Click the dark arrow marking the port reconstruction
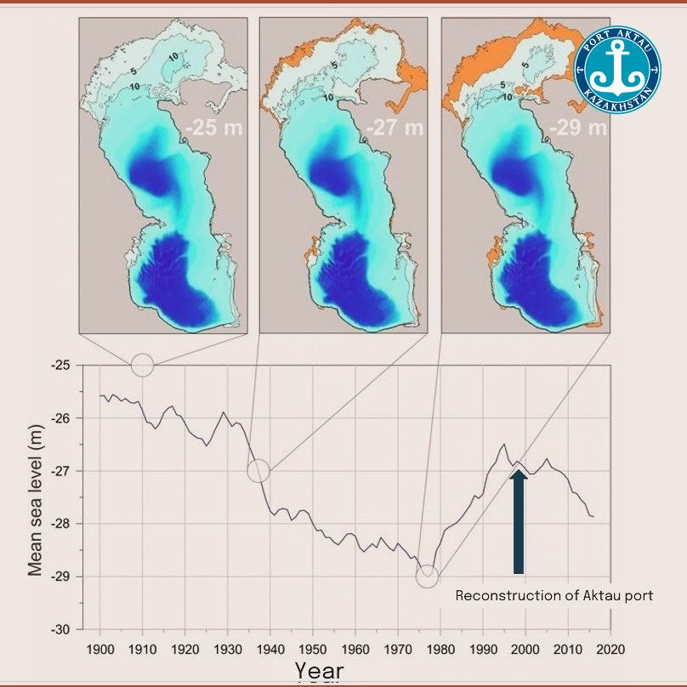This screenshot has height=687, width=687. (x=518, y=522)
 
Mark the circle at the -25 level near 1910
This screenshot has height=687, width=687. (x=142, y=365)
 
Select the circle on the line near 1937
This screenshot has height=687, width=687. (x=258, y=470)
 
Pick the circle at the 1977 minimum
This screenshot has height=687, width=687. (x=428, y=577)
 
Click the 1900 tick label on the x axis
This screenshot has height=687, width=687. (x=100, y=649)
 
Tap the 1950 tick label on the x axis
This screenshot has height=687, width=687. (x=313, y=649)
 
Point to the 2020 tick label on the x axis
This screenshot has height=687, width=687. (x=610, y=649)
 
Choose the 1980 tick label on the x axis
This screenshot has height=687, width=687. (x=440, y=649)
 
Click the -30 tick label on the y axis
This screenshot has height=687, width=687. (x=65, y=629)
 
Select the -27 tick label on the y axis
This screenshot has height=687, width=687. (x=65, y=471)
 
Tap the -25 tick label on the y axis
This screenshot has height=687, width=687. (x=65, y=366)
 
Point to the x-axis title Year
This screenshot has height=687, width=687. (x=320, y=671)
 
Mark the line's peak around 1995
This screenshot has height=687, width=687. (x=504, y=445)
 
